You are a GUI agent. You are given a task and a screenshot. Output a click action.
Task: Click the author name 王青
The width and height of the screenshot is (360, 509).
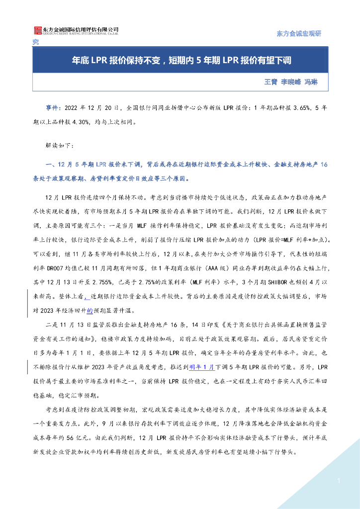[271, 82]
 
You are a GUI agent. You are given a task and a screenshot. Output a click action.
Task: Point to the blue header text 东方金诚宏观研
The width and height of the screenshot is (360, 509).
[299, 34]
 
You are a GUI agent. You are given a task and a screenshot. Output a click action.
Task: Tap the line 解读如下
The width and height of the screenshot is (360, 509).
[60, 146]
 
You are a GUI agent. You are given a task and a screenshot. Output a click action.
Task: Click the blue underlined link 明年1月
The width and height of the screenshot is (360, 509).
[202, 367]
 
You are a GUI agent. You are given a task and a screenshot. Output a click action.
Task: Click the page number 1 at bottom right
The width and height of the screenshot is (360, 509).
[338, 480]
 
